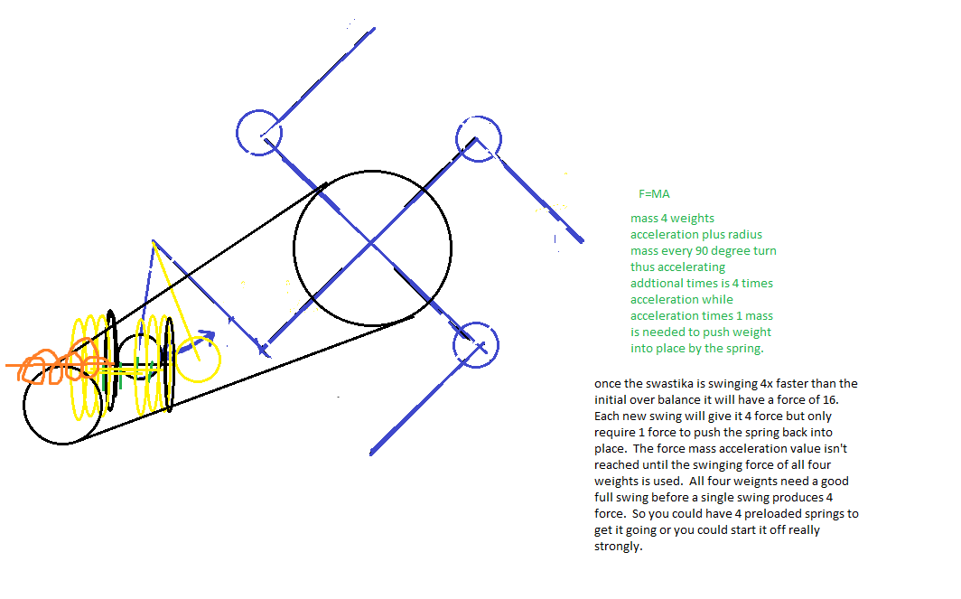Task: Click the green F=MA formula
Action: pyautogui.click(x=654, y=193)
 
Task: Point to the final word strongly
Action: pyautogui.click(x=618, y=547)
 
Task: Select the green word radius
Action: pyautogui.click(x=744, y=234)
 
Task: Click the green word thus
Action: pyautogui.click(x=641, y=267)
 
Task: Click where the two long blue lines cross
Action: pyautogui.click(x=371, y=244)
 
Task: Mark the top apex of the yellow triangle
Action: pyautogui.click(x=153, y=240)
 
